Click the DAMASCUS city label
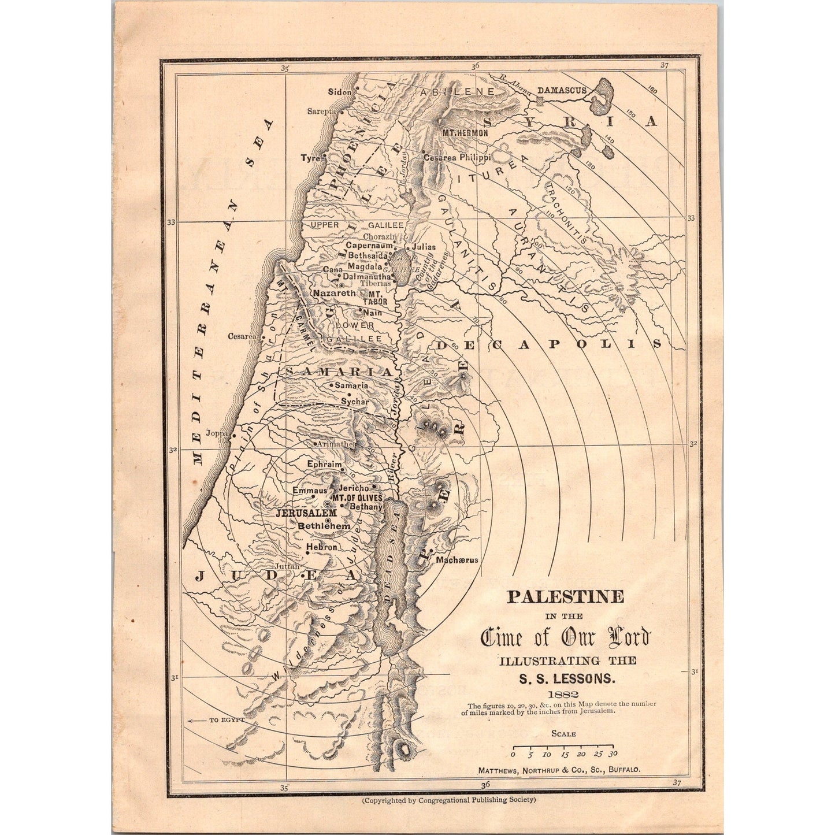pyautogui.click(x=562, y=90)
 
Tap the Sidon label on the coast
pyautogui.click(x=339, y=91)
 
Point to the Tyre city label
pyautogui.click(x=310, y=158)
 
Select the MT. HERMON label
pyautogui.click(x=465, y=133)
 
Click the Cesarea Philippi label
pyautogui.click(x=457, y=157)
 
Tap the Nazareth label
pyautogui.click(x=334, y=294)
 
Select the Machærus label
pyautogui.click(x=458, y=559)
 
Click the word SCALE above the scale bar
pyautogui.click(x=563, y=734)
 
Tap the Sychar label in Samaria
pyautogui.click(x=355, y=400)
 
